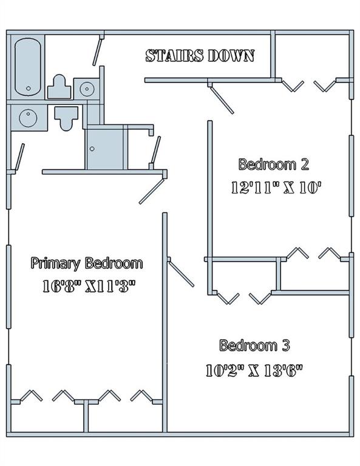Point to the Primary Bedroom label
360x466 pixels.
pos(87,263)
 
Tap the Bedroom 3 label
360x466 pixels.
pos(254,346)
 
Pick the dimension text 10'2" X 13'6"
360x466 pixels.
pos(254,370)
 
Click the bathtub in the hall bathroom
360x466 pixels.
pos(27,67)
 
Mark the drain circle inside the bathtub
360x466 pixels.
pos(28,89)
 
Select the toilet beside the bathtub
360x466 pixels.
pos(59,87)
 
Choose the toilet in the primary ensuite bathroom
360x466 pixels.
pos(66,116)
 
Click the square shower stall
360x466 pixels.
pos(104,148)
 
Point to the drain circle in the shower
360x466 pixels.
pos(92,148)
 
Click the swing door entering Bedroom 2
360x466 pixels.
pos(221,98)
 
